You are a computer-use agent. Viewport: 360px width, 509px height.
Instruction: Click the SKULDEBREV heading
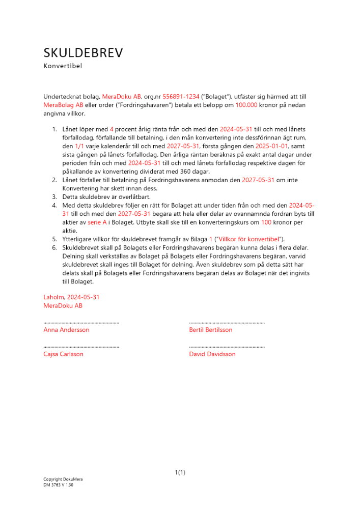click(x=83, y=53)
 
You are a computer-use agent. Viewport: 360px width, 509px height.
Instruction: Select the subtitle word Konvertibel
click(x=63, y=66)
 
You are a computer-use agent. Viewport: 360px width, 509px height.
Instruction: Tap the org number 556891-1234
click(x=181, y=96)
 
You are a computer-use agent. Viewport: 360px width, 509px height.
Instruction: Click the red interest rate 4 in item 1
click(x=112, y=129)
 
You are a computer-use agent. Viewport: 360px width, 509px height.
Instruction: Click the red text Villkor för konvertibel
click(x=250, y=239)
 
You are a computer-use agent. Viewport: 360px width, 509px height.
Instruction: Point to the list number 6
click(x=54, y=247)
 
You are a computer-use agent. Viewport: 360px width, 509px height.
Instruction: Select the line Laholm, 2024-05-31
click(x=71, y=297)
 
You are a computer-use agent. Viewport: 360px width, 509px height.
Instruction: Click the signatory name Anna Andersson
click(x=66, y=330)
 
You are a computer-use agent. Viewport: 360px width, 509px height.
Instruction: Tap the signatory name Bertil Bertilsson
click(x=210, y=330)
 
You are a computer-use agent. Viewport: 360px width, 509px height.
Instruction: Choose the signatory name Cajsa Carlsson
click(x=64, y=354)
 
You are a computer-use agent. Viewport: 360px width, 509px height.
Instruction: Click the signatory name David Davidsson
click(x=212, y=354)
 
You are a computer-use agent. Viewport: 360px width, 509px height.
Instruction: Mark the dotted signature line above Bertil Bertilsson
click(x=227, y=322)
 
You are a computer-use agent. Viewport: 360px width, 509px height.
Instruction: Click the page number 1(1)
click(x=180, y=472)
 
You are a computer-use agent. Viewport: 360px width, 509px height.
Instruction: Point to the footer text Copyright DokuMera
click(x=63, y=479)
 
